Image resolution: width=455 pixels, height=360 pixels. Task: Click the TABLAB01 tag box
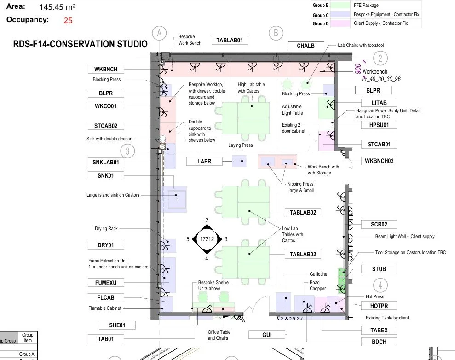click(x=230, y=41)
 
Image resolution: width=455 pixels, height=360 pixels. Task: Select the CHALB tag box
click(x=305, y=46)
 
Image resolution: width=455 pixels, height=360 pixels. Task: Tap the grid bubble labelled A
click(x=159, y=34)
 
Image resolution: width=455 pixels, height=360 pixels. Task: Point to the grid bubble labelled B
click(x=276, y=34)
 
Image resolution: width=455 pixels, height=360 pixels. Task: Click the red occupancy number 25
click(x=68, y=20)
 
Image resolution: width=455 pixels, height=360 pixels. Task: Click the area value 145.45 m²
click(x=58, y=7)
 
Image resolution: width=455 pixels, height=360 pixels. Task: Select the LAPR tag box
click(x=204, y=162)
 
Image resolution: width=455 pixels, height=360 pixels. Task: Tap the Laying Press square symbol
click(x=239, y=161)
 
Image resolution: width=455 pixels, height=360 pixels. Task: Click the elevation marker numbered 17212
click(x=207, y=239)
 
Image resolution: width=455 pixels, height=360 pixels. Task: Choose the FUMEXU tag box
click(x=106, y=283)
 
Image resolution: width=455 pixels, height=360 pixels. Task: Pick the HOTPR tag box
click(x=379, y=306)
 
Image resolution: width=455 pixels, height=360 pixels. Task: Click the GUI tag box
click(x=267, y=335)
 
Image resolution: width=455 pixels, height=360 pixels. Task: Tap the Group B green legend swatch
click(x=340, y=5)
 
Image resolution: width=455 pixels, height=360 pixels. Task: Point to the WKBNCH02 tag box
click(x=379, y=161)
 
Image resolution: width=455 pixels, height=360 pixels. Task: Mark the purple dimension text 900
click(x=358, y=69)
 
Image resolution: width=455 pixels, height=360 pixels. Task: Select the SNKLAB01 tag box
click(x=106, y=163)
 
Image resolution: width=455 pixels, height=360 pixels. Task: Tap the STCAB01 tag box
click(x=379, y=144)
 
